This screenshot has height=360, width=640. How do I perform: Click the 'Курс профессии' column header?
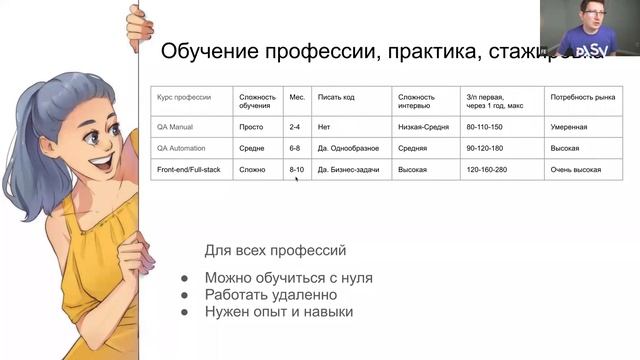[184, 98]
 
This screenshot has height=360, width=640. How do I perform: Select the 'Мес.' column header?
[297, 98]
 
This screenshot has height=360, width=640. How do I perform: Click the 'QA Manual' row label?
[175, 128]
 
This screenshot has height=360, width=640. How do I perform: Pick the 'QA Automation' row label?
[182, 149]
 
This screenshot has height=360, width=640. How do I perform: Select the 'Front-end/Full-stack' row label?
[190, 170]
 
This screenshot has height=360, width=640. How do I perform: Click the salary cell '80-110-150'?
[485, 128]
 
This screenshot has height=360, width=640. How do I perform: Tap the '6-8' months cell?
[295, 149]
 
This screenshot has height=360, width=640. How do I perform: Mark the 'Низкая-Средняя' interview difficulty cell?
[425, 128]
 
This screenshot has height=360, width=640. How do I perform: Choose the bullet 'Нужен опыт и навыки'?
[279, 312]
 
